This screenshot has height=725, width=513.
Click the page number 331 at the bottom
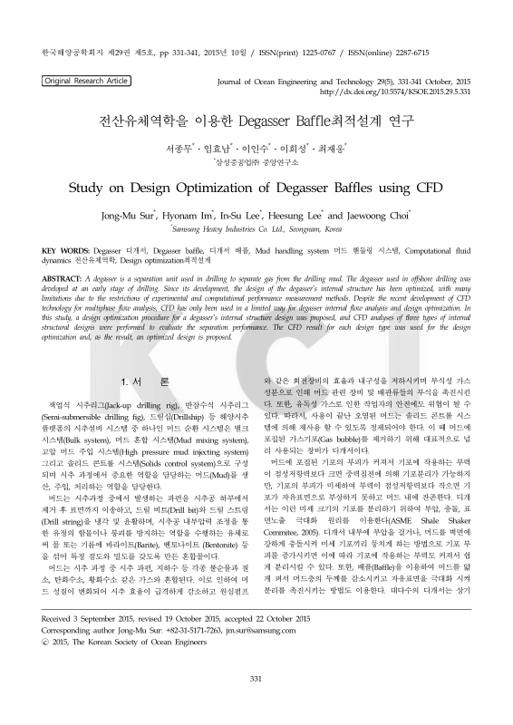coord(256,678)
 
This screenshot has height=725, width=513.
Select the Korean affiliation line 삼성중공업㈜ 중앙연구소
coord(256,161)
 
